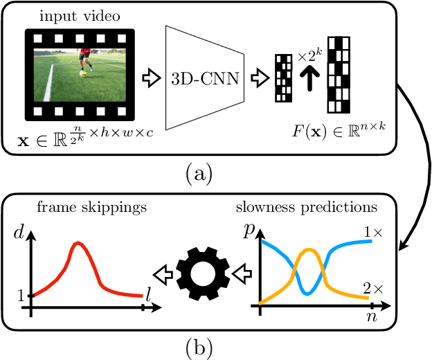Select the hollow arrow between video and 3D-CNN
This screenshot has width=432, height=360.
pyautogui.click(x=148, y=75)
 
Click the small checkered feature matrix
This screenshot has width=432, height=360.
pyautogui.click(x=284, y=77)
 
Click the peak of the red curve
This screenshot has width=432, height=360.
pyautogui.click(x=78, y=243)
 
